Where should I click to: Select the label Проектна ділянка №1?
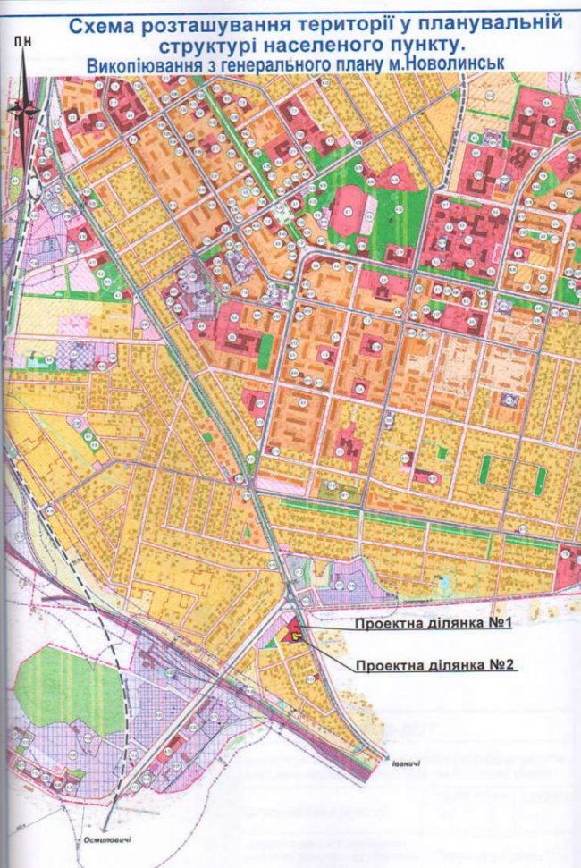coord(432,624)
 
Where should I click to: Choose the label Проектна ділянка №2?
coord(436,665)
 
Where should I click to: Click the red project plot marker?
coord(293,634)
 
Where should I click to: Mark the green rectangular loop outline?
coord(512,474)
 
